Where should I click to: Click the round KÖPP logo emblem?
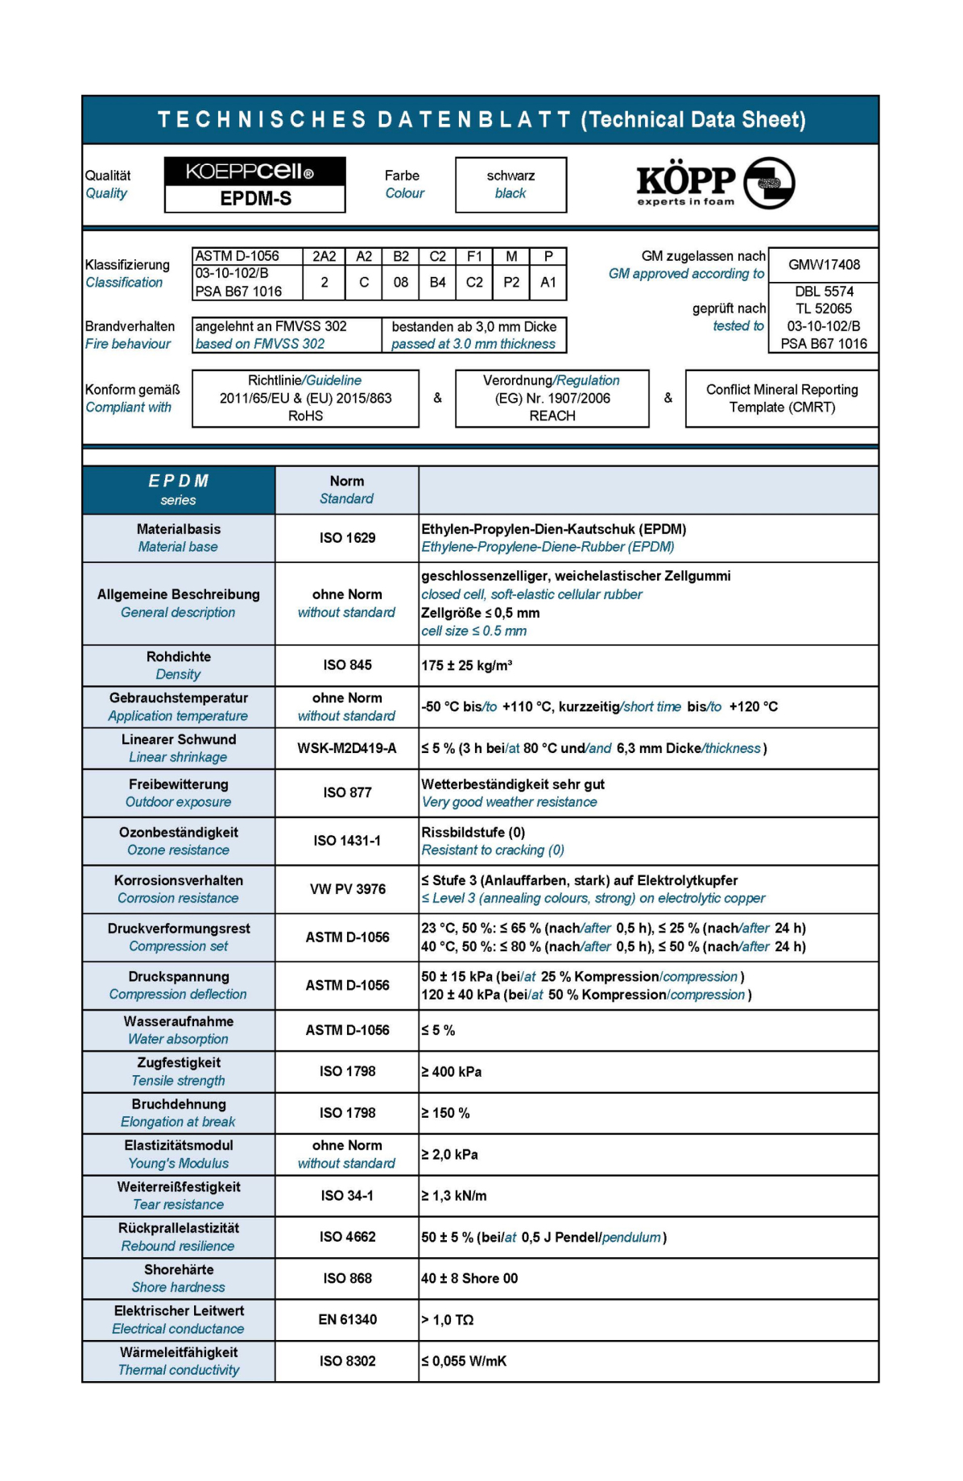coord(769,183)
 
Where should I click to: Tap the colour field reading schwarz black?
coord(510,184)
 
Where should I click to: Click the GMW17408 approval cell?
coord(823,264)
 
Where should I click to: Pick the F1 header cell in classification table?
coord(474,256)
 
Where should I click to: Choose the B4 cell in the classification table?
coord(437,283)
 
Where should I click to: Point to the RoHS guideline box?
coord(305,398)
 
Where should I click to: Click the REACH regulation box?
coord(552,398)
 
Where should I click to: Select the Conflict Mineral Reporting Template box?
coord(781,398)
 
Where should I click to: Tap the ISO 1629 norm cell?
coord(347,538)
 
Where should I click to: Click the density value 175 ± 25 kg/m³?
coord(467,665)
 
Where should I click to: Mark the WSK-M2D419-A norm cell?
coord(347,748)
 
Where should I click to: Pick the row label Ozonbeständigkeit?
coord(178,833)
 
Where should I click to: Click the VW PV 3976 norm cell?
coord(347,889)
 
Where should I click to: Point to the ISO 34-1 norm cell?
coord(347,1196)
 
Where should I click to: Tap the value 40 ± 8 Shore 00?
coord(469,1278)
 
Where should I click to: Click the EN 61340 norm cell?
coord(347,1319)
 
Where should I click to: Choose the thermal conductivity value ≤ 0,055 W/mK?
coord(464,1361)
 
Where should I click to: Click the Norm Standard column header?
coord(347,490)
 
